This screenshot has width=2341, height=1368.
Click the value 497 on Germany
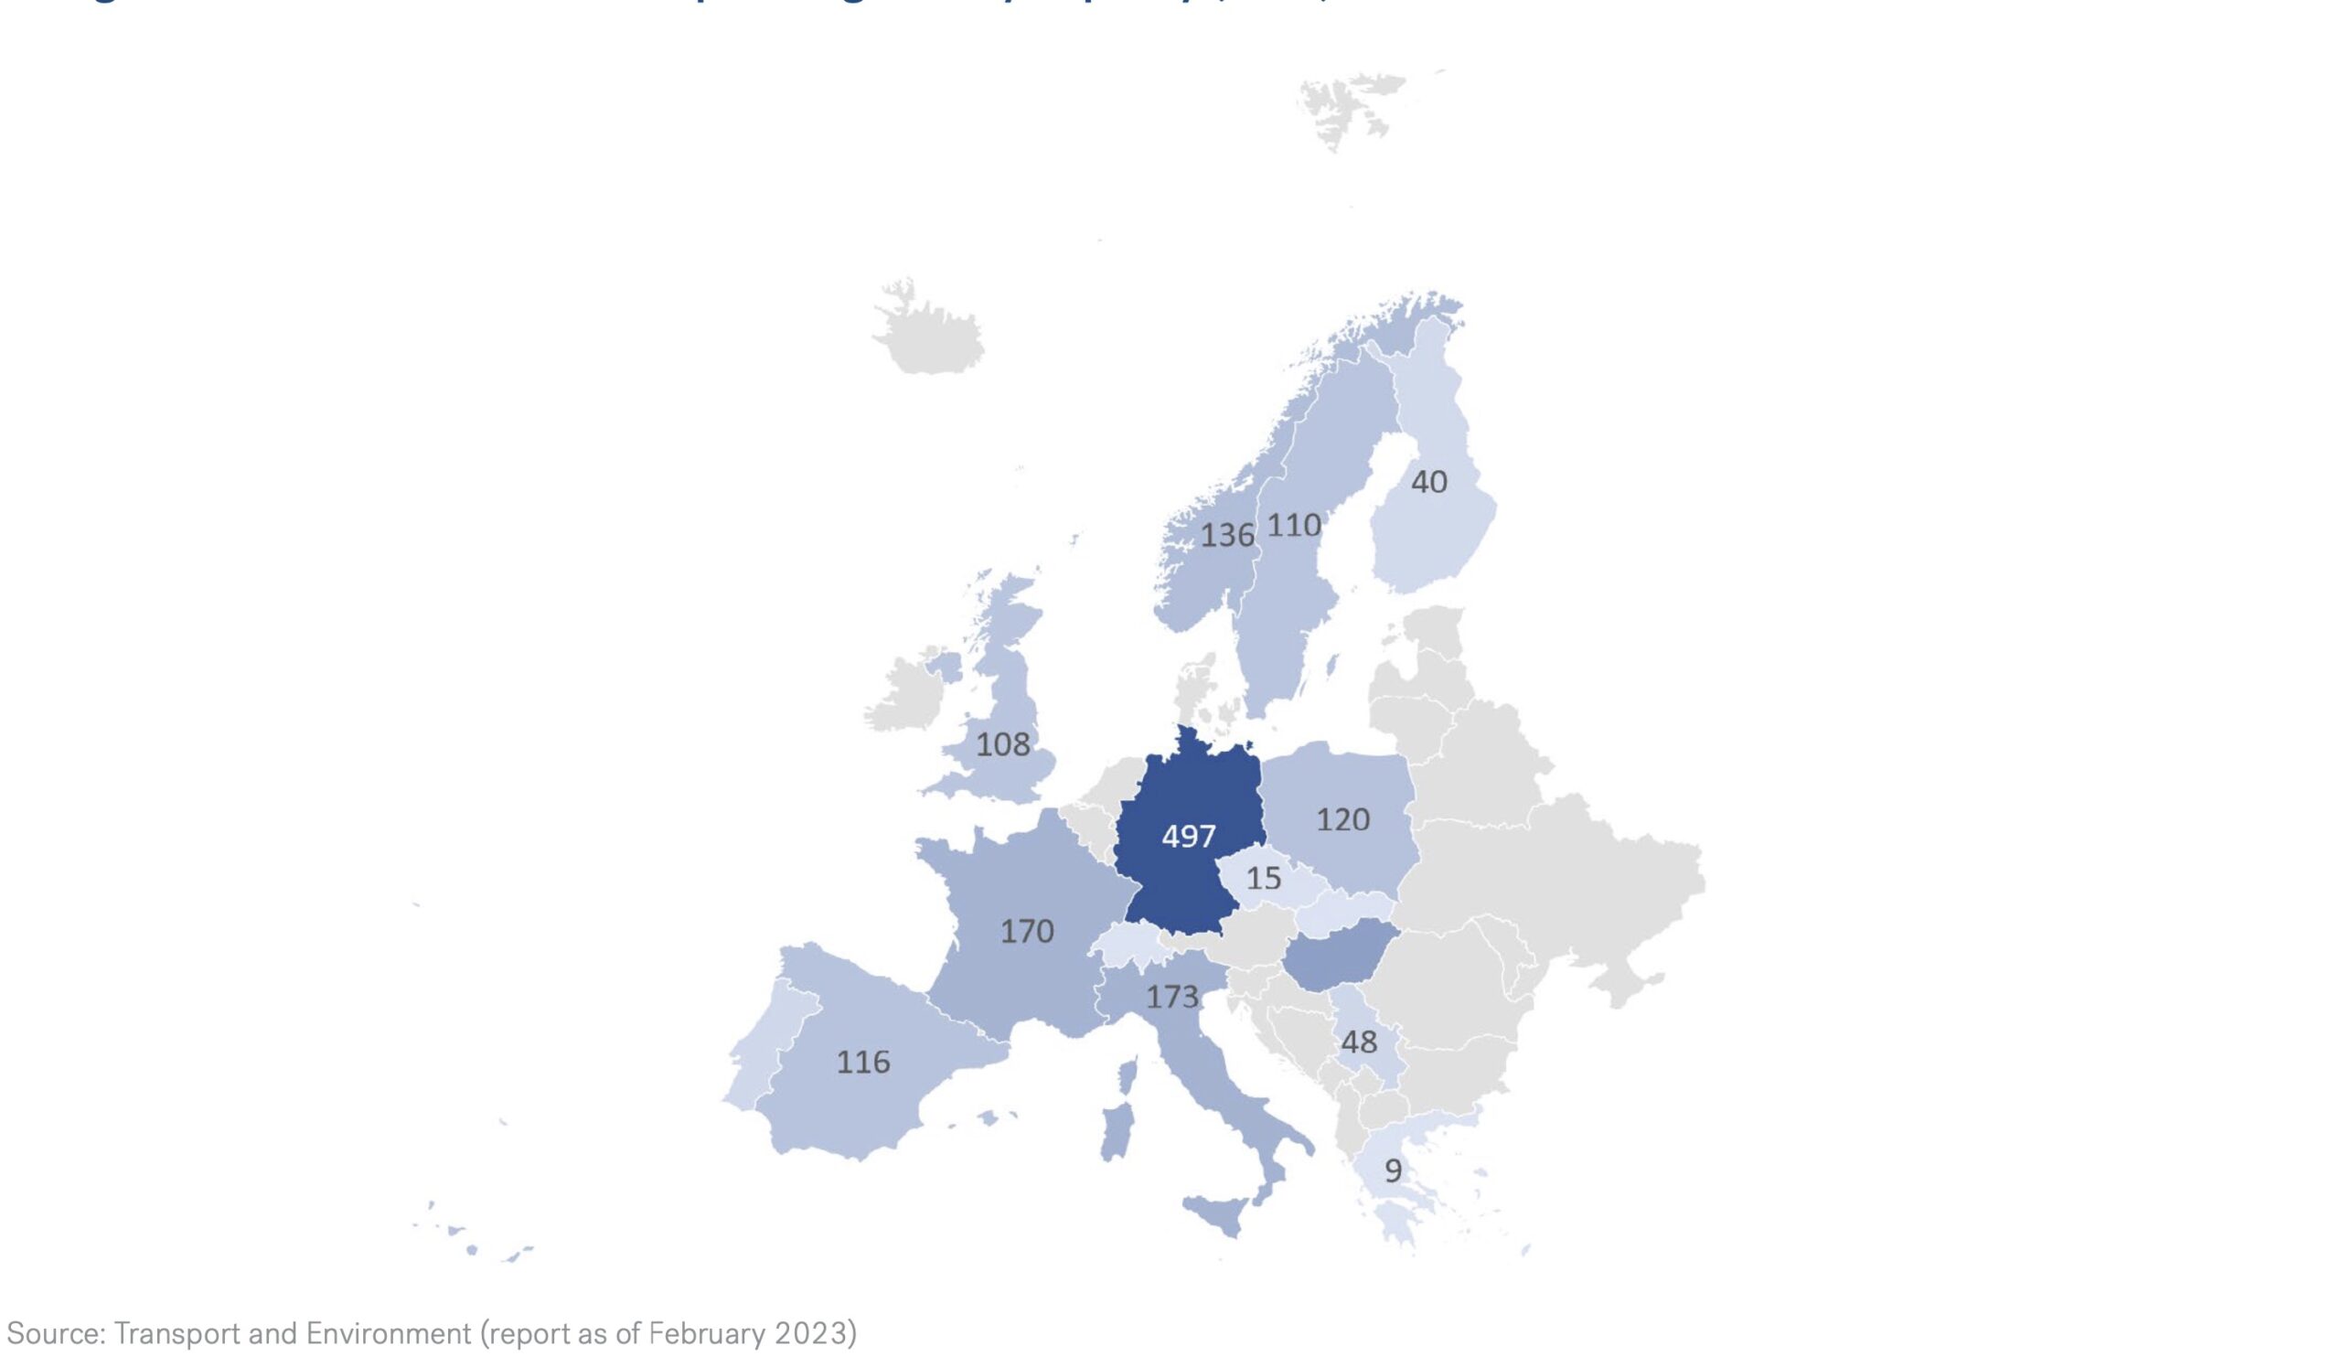[1188, 837]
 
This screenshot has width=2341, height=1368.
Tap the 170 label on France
[1027, 931]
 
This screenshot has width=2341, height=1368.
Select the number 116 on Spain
[863, 1062]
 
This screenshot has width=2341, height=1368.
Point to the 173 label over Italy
[1172, 998]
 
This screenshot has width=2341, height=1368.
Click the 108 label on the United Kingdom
[1003, 744]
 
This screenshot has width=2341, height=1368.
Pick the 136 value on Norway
[1227, 535]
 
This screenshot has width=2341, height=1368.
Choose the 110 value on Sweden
[1294, 526]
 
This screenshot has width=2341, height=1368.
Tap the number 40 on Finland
[1428, 481]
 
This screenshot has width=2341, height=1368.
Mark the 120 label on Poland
[1342, 819]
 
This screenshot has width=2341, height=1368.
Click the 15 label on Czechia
[1264, 878]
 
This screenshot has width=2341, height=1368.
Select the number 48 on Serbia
[1359, 1042]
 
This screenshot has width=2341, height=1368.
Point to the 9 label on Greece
[1393, 1170]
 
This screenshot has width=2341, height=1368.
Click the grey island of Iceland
[929, 331]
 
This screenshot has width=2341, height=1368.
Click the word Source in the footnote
[55, 1333]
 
